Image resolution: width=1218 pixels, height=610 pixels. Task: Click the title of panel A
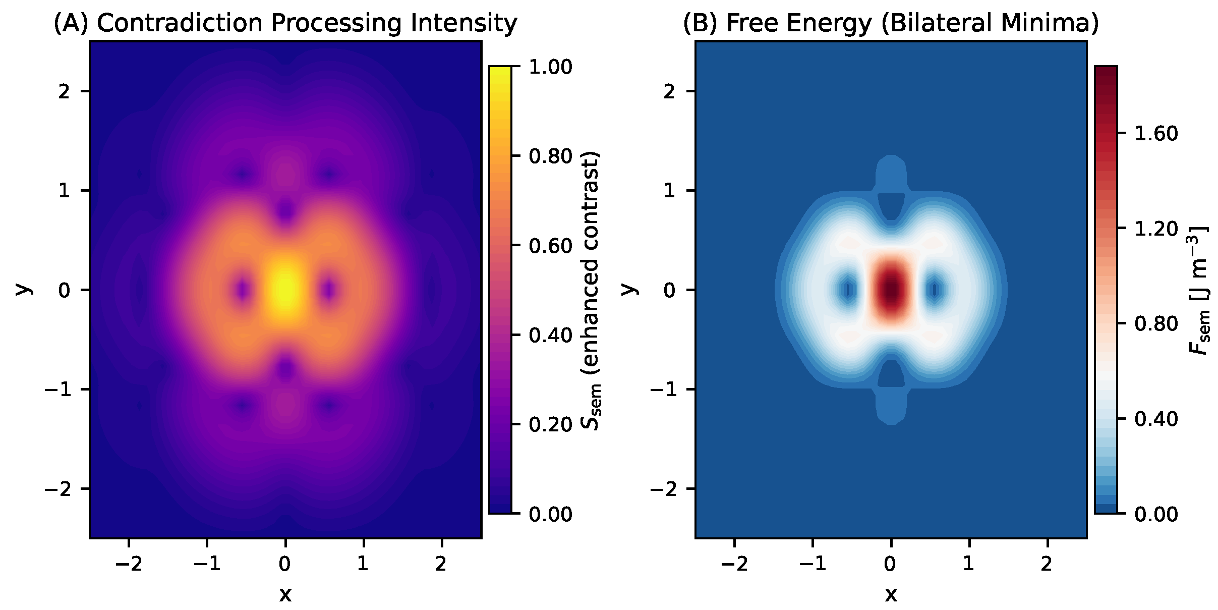point(285,23)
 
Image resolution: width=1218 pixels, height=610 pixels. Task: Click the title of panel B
point(891,23)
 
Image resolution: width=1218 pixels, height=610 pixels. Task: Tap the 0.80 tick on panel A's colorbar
point(550,156)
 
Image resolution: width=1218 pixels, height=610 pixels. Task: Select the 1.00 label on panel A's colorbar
point(550,67)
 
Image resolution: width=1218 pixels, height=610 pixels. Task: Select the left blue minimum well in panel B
point(849,290)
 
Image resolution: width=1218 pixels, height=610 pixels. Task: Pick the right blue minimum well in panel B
point(935,290)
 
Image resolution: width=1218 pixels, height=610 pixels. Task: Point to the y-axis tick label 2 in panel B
point(669,92)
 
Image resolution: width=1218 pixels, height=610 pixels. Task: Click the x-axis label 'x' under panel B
point(891,594)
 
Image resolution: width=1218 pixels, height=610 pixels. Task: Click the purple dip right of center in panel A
point(329,290)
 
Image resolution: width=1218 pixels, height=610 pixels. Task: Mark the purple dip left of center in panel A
point(243,290)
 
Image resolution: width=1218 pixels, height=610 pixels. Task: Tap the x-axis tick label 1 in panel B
point(969,564)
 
